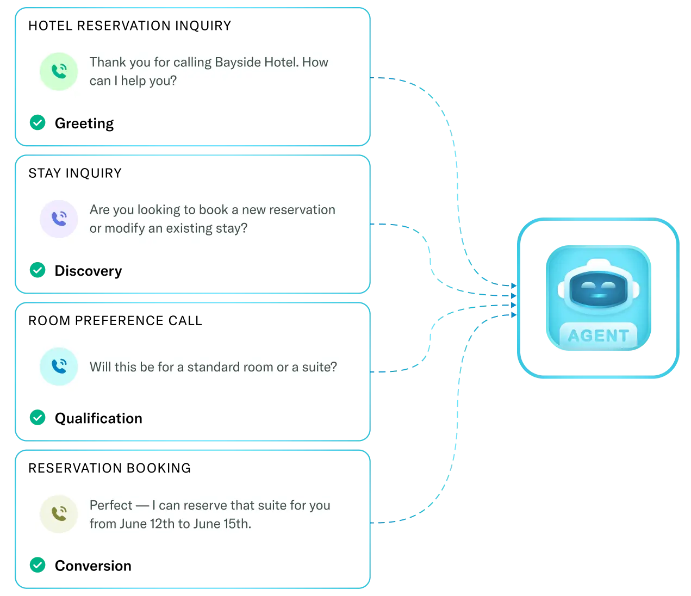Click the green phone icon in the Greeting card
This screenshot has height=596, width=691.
pos(59,72)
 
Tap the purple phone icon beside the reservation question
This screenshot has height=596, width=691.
pos(59,219)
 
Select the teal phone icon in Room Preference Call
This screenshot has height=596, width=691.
pos(59,367)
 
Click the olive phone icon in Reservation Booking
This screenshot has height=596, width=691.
pos(59,514)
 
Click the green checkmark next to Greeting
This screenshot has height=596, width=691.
pos(38,122)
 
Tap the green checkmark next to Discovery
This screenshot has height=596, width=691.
pos(38,270)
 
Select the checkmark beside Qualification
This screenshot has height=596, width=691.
pos(38,418)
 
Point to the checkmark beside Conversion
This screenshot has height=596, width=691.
pos(38,565)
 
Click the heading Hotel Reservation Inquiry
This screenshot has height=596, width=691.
pos(130,26)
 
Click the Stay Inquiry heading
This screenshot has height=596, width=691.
pos(75,173)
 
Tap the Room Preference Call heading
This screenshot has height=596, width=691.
pos(115,321)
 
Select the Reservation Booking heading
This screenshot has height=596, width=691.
pos(110,468)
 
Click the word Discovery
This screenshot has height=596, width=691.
pos(88,271)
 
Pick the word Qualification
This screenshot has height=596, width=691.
pos(98,418)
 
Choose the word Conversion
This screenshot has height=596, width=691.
pos(93,566)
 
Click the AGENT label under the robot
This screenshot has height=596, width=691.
pos(598,336)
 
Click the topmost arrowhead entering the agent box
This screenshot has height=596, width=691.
pos(514,285)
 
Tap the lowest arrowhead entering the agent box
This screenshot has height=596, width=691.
pos(514,315)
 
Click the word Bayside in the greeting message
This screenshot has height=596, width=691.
pos(238,63)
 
